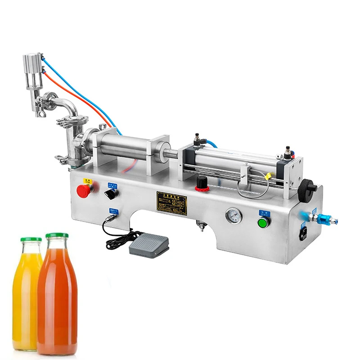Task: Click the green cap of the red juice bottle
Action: [x=57, y=236]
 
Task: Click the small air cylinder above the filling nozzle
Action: [x=33, y=72]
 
